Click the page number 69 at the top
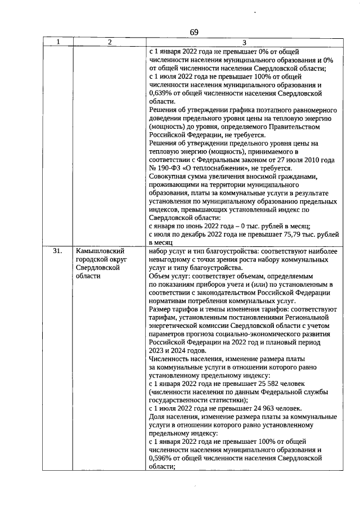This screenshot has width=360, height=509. pos(193,32)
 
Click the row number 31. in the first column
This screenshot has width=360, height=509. pos(57,251)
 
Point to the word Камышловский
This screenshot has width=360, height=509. pos(98,251)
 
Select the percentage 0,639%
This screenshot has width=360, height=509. pos(163,93)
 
